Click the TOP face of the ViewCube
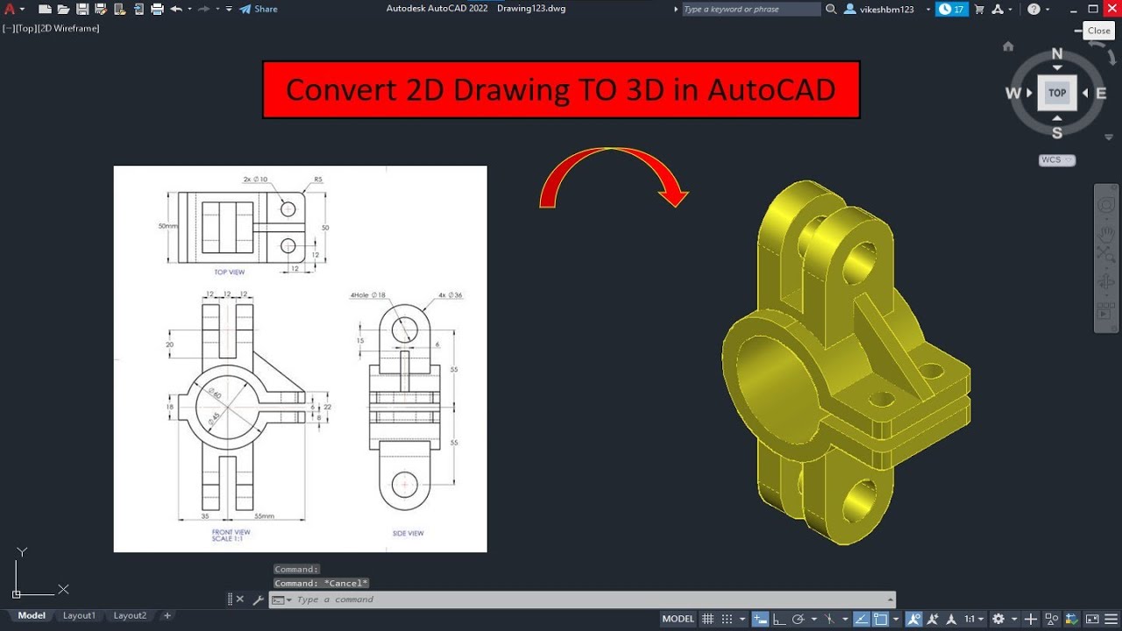point(1057,93)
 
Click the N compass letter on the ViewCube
point(1057,54)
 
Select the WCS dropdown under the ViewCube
point(1056,160)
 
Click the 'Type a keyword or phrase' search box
point(751,9)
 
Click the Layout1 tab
point(79,615)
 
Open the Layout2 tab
point(130,615)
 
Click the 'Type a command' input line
point(587,599)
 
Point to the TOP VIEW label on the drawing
point(230,273)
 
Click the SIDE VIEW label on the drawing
point(408,533)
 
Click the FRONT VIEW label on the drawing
point(231,532)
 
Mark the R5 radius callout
point(318,179)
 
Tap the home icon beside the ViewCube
point(1008,46)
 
